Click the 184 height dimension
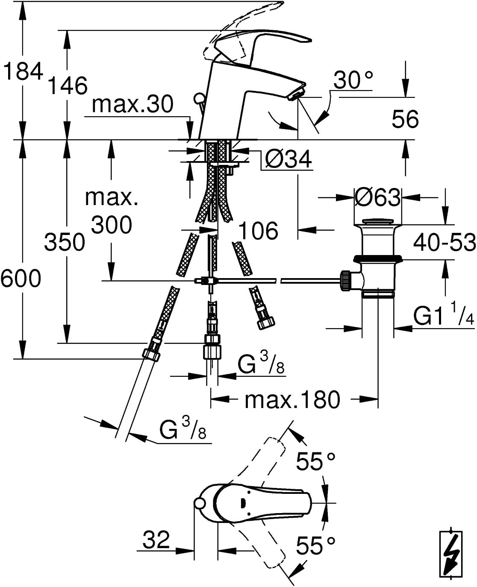[x=23, y=71]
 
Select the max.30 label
[x=132, y=104]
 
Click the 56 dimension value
[x=405, y=119]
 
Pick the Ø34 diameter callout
[x=289, y=159]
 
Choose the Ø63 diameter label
[x=377, y=197]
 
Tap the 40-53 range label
[x=445, y=242]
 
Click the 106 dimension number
[x=258, y=230]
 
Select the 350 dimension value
[x=65, y=242]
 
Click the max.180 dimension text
[x=292, y=400]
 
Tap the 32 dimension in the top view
[x=156, y=540]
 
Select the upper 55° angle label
[x=315, y=461]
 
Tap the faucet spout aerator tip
[x=296, y=94]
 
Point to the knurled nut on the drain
[x=346, y=281]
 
